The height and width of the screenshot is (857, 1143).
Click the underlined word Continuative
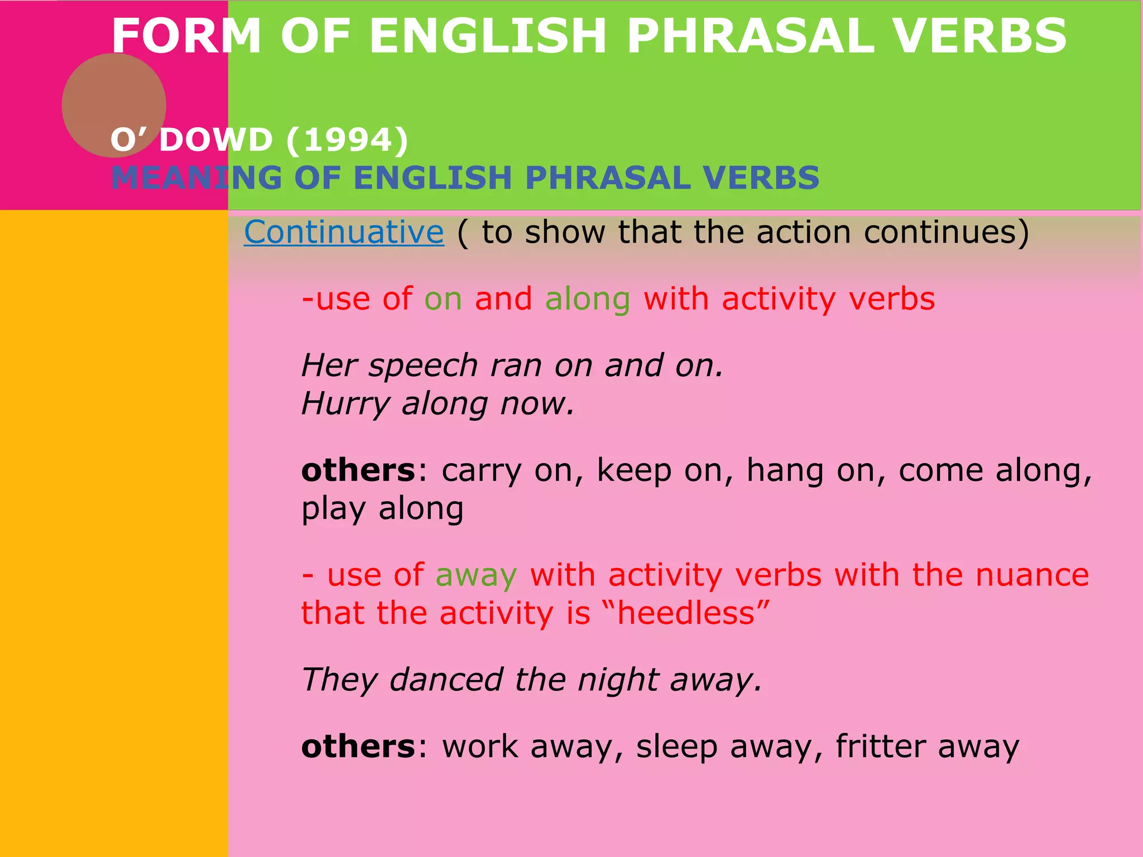pos(344,232)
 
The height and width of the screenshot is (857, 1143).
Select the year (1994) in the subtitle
pos(347,139)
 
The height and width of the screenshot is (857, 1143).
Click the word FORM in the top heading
pos(186,36)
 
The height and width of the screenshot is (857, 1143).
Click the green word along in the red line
pos(588,299)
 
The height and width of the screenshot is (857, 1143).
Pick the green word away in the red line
pos(476,575)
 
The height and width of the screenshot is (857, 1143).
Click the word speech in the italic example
pos(422,367)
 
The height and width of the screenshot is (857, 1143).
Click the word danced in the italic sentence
pos(446,680)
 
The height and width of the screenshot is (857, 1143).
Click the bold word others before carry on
pos(358,470)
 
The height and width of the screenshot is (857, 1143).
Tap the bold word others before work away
pos(358,747)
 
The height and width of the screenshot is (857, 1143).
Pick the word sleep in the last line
pos(676,747)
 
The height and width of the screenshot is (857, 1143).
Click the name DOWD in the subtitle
pos(216,139)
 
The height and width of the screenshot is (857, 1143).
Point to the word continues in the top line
pos(940,232)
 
